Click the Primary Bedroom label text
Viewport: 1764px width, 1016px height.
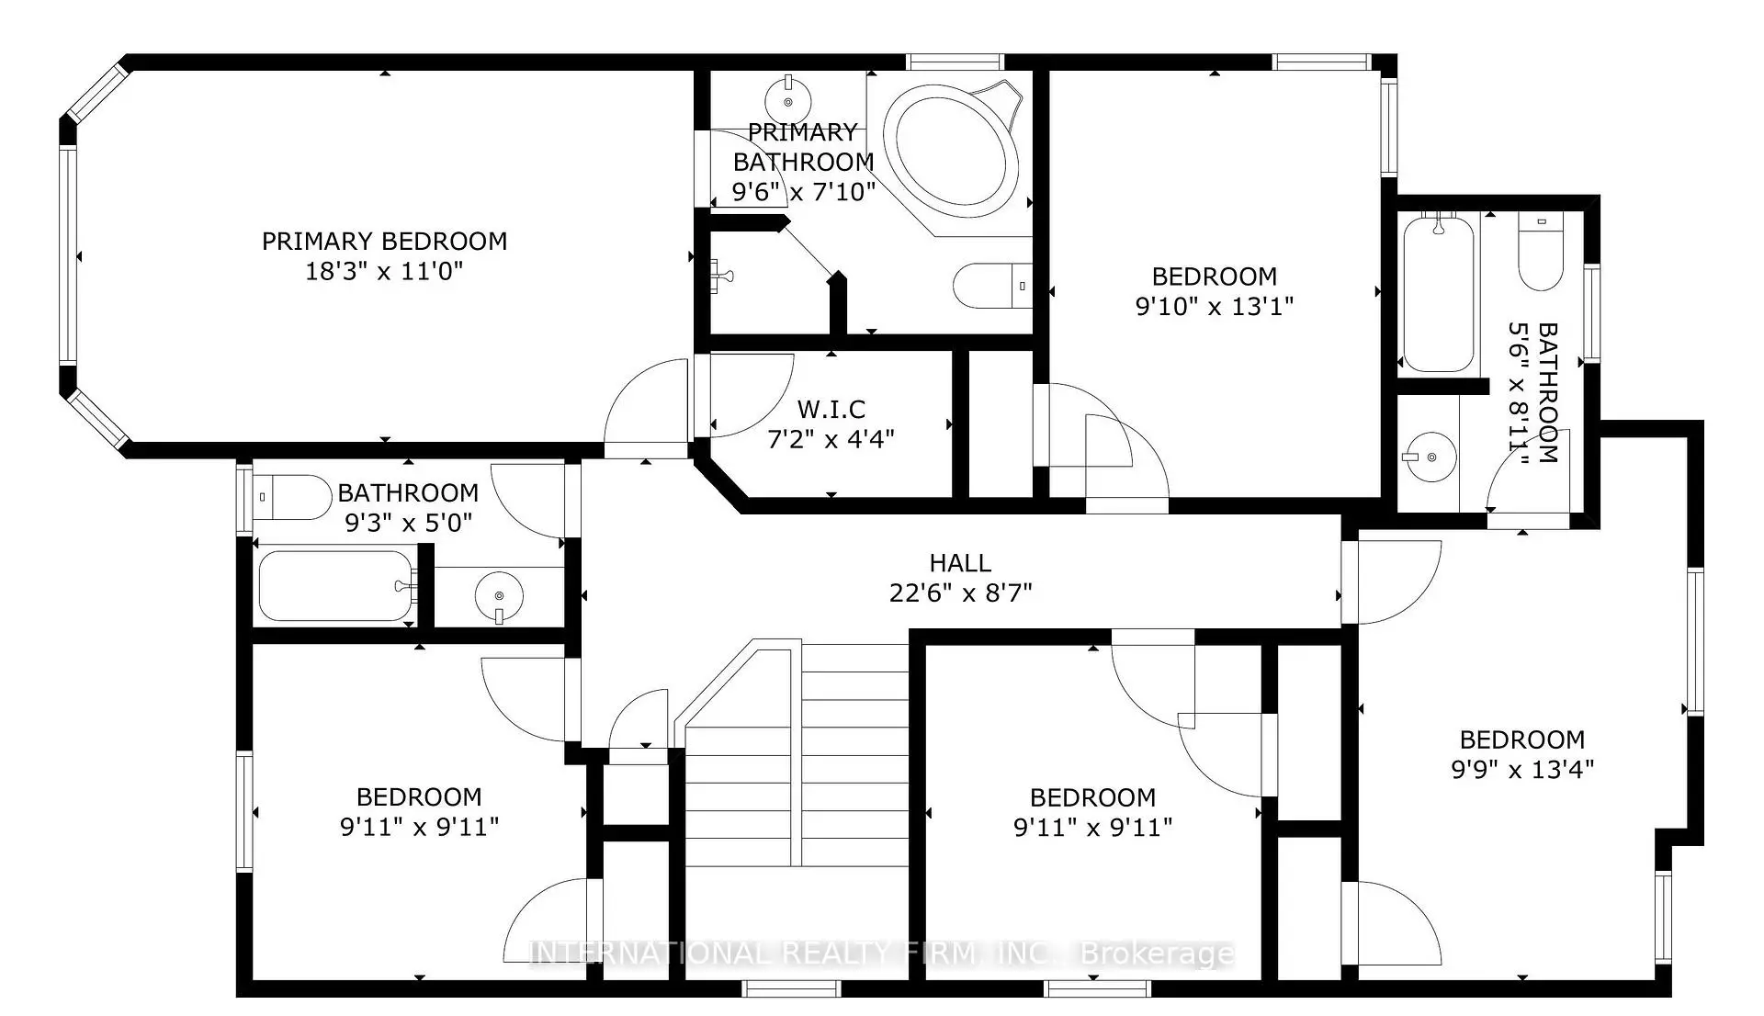(x=384, y=242)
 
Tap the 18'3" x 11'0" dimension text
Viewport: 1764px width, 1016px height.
(x=384, y=272)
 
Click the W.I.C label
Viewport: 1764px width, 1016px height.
(x=831, y=409)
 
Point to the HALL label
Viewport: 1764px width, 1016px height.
(x=960, y=563)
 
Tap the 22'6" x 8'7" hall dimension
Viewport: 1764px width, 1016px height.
(x=960, y=593)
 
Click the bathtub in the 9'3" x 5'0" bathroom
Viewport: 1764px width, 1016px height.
(x=335, y=586)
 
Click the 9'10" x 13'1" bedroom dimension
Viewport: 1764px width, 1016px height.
(x=1215, y=307)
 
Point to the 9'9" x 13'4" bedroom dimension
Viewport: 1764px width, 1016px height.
(x=1522, y=770)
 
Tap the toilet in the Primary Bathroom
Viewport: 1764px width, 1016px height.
(x=992, y=286)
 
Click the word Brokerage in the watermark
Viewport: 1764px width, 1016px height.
(x=1157, y=954)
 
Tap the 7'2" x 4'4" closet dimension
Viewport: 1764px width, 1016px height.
(x=831, y=439)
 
